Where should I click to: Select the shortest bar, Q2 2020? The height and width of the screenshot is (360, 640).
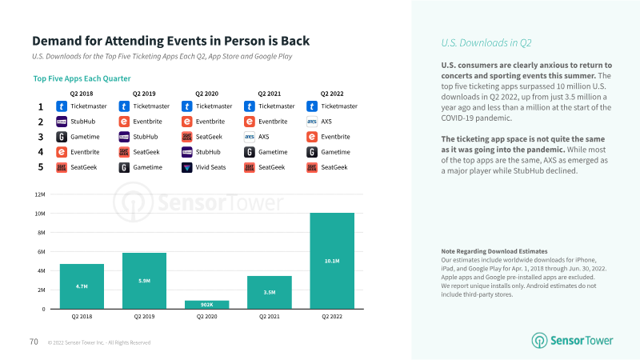point(207,305)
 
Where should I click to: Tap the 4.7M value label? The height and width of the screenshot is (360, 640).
point(82,285)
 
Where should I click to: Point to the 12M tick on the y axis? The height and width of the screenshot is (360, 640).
point(38,194)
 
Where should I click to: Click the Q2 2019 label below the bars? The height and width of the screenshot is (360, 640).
point(144,318)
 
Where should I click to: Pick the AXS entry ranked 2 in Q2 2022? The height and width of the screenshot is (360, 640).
point(321,122)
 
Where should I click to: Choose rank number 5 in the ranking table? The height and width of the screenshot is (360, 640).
point(40,167)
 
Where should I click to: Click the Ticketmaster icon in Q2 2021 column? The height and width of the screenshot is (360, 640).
point(250,106)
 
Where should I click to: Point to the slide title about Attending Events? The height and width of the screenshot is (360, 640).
point(170,41)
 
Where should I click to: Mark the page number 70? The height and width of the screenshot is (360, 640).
point(34,342)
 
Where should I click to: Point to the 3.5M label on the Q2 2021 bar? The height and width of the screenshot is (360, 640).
point(270,293)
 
